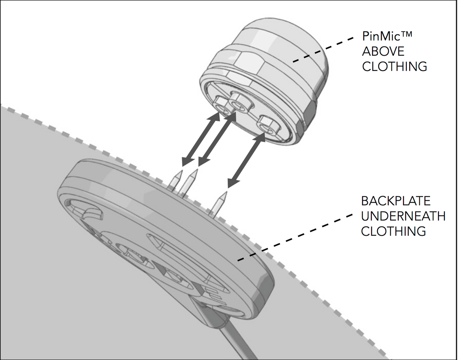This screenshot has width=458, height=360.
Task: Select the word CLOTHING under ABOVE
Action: pyautogui.click(x=394, y=66)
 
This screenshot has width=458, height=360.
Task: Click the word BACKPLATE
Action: pyautogui.click(x=396, y=201)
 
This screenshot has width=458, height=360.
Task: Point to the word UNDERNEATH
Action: pyautogui.click(x=403, y=216)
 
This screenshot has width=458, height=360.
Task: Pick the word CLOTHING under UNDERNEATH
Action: pyautogui.click(x=393, y=231)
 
